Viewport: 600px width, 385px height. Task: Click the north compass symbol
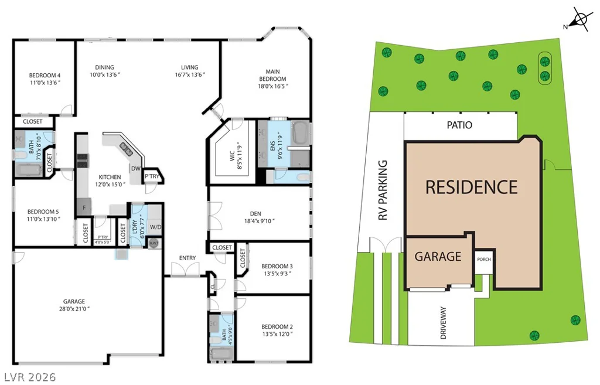(x=580, y=19)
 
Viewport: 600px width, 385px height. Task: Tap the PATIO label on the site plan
(x=459, y=125)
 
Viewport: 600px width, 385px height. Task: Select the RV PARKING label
(x=383, y=190)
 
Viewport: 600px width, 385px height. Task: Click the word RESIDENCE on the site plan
(x=472, y=187)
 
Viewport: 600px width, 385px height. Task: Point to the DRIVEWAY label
(x=443, y=323)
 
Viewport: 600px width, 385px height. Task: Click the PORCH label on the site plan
(x=483, y=259)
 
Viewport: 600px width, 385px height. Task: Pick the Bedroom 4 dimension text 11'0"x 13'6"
(x=45, y=83)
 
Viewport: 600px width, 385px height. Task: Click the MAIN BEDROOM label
(x=272, y=75)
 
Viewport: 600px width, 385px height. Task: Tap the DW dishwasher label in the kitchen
(x=136, y=168)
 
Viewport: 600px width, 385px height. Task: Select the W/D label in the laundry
(x=155, y=227)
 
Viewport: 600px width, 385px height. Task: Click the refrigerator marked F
(x=84, y=207)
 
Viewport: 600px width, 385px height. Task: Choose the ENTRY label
(x=187, y=258)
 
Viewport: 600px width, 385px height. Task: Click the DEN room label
(x=255, y=213)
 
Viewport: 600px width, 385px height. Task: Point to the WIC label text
(x=232, y=155)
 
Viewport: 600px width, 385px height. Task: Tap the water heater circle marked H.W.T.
(x=154, y=243)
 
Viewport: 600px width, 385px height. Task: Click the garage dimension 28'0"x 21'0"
(x=74, y=308)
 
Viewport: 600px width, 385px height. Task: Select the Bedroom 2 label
(x=277, y=326)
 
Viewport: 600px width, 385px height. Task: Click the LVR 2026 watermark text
(x=30, y=377)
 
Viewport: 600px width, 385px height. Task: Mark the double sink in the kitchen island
(x=127, y=149)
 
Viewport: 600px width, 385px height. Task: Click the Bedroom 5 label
(x=43, y=212)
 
